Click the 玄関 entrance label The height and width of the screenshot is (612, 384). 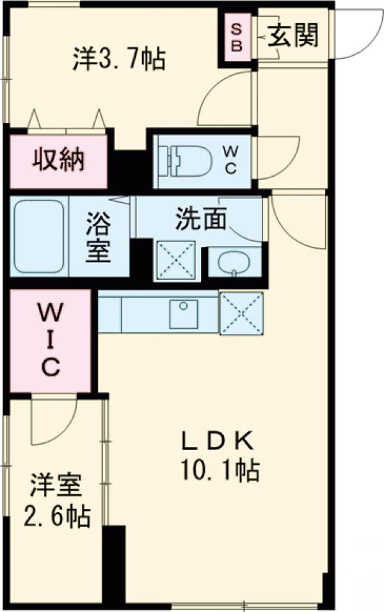point(292,35)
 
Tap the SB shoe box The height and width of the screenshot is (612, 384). point(236,36)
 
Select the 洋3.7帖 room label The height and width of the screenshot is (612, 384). point(118,60)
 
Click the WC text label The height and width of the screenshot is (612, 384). point(230,160)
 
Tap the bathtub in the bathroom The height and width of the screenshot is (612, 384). point(38,236)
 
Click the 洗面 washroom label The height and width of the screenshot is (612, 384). point(201,220)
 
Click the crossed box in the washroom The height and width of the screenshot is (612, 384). point(175,260)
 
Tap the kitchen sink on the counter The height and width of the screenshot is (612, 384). point(184,313)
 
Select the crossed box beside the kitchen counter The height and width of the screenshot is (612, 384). point(241,313)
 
